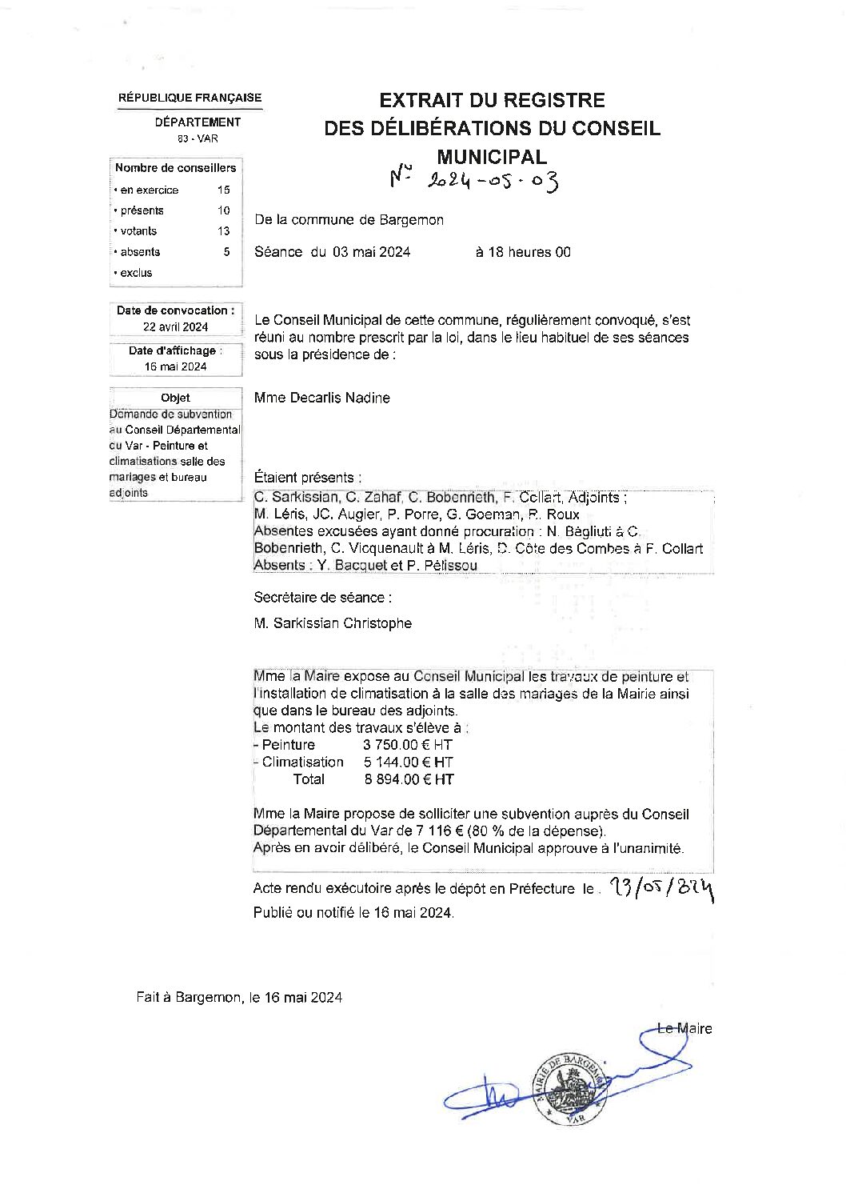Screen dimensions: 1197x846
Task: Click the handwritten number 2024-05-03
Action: [x=475, y=181]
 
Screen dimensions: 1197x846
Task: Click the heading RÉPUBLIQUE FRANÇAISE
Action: [x=190, y=98]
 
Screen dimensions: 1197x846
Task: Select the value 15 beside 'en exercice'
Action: [x=223, y=190]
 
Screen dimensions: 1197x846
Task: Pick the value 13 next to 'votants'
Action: [x=223, y=231]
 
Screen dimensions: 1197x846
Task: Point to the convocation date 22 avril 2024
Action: [x=176, y=326]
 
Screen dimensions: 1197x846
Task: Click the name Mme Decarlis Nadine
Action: [x=321, y=398]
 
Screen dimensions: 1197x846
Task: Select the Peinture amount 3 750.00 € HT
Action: [x=408, y=745]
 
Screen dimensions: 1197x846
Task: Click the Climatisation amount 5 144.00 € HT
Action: [x=409, y=763]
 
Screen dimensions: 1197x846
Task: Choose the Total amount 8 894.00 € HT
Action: [x=409, y=779]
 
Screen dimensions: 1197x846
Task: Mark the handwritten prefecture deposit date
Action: [x=660, y=887]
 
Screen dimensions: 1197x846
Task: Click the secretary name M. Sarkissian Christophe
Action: [x=333, y=623]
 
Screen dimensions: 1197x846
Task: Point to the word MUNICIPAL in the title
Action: [x=492, y=156]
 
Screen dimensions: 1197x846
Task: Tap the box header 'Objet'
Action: [x=175, y=398]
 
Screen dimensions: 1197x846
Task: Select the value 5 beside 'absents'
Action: [x=226, y=252]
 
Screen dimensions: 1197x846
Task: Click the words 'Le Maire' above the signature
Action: [x=684, y=1029]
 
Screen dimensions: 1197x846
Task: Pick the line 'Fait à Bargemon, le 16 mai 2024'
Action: [x=239, y=997]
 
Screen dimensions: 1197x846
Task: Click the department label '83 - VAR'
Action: [x=198, y=138]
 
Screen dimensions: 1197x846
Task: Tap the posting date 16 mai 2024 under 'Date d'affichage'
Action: [x=176, y=366]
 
